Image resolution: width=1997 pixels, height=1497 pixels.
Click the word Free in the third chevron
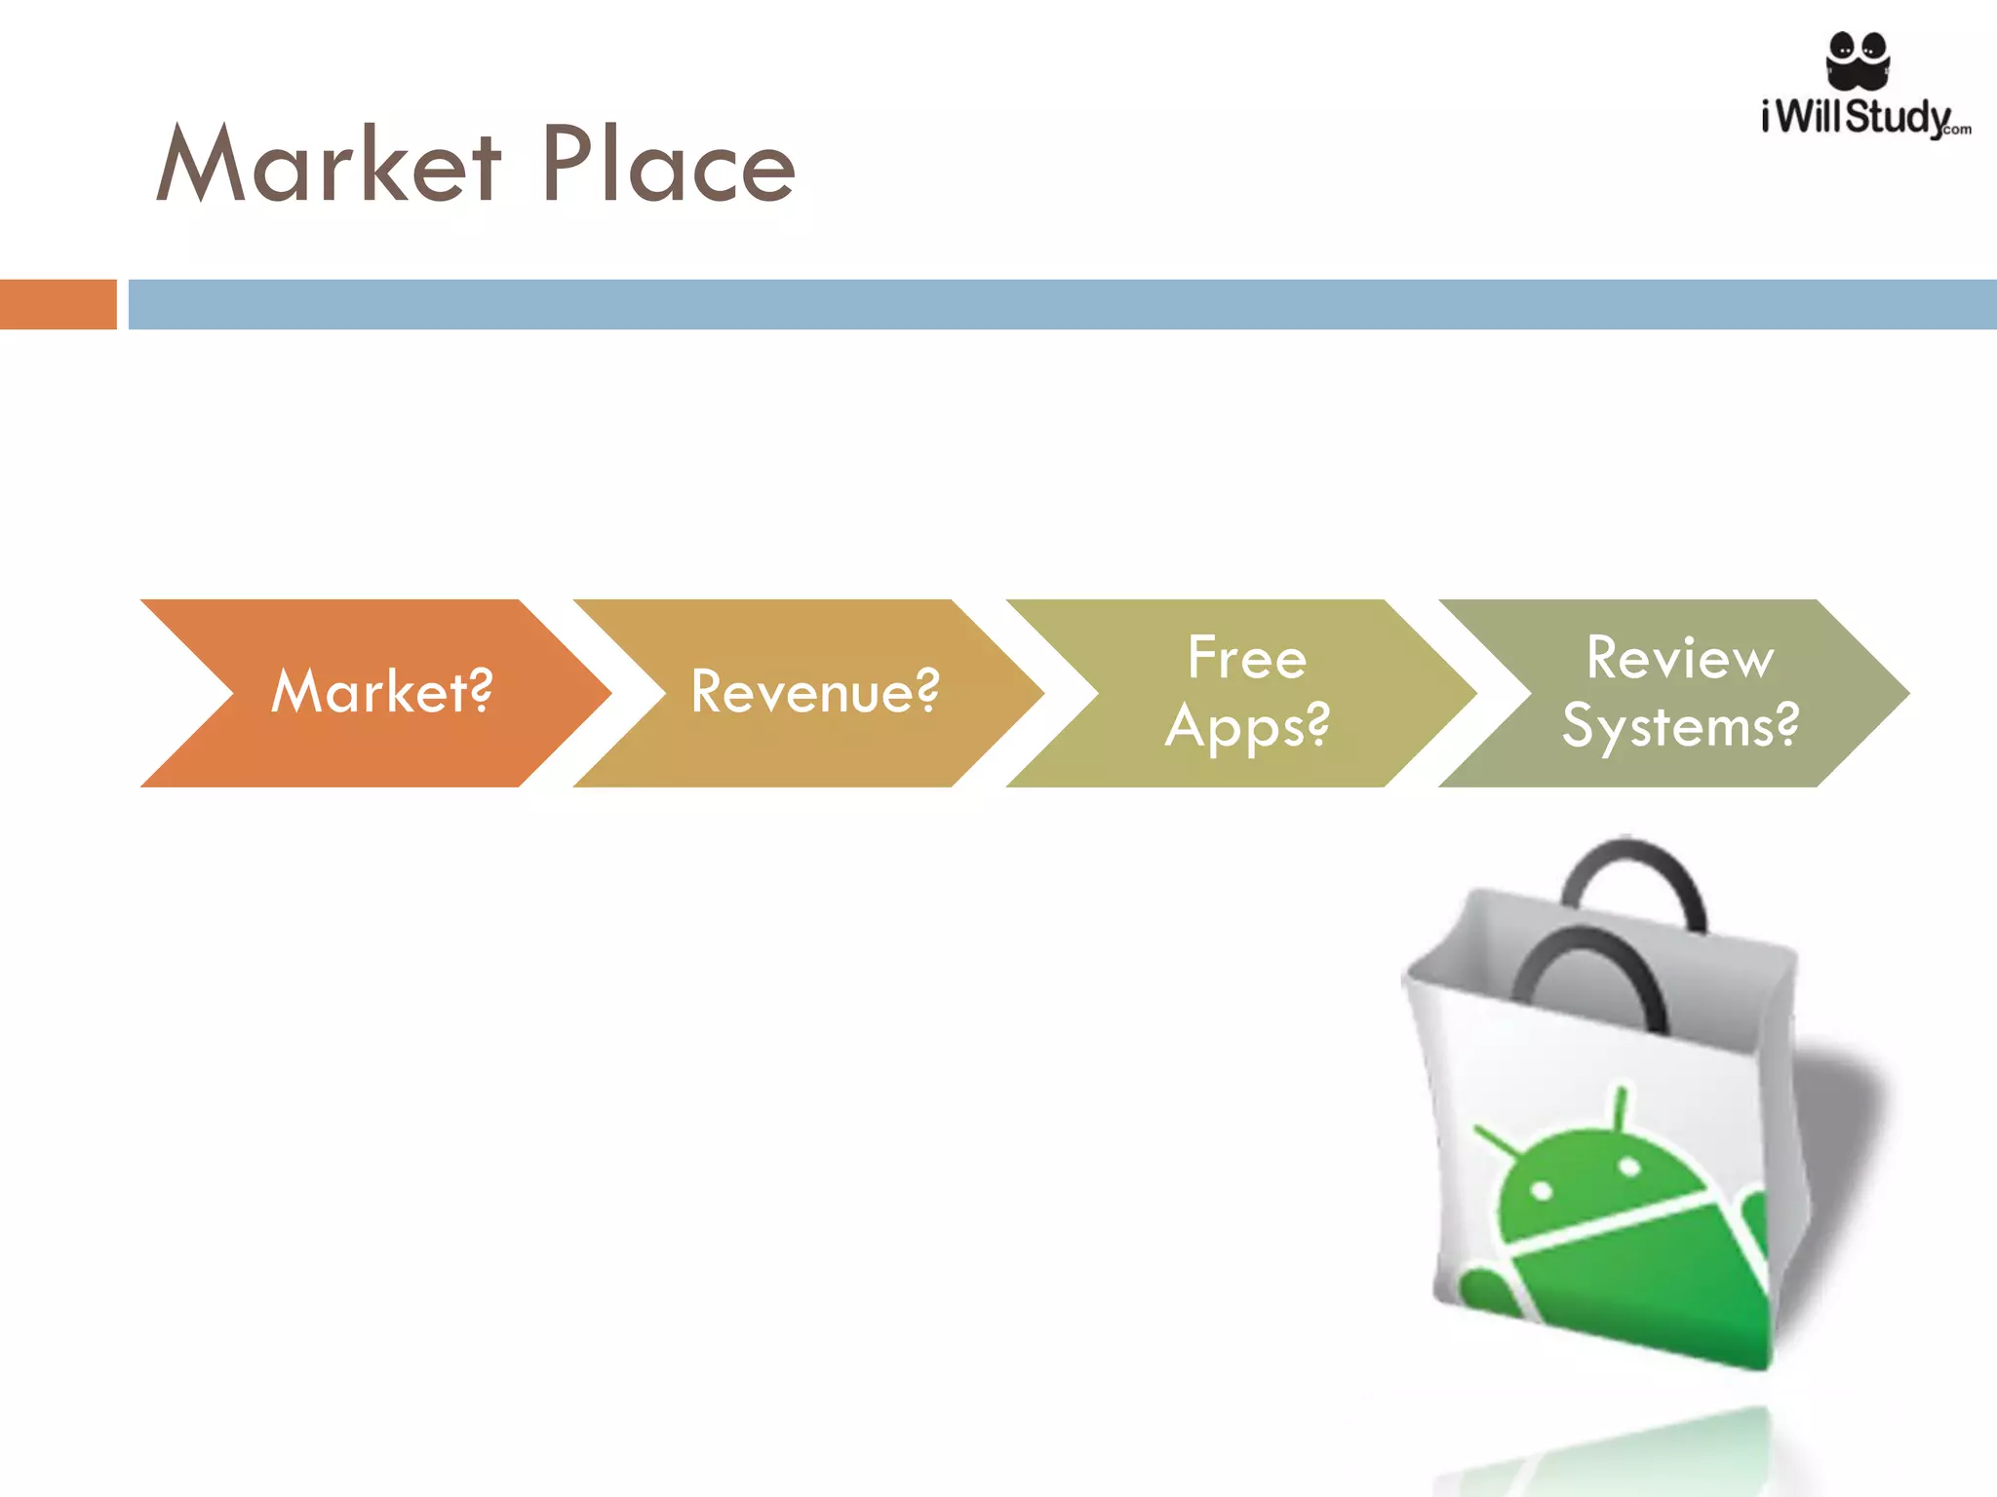coord(1247,658)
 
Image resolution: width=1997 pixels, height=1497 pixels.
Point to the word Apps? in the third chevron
coord(1247,727)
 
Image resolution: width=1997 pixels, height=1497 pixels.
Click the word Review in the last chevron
coord(1679,658)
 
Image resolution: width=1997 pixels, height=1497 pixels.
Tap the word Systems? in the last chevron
coord(1679,727)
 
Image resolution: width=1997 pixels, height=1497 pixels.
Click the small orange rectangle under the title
coord(58,304)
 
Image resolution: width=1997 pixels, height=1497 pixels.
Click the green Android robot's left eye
coord(1542,1190)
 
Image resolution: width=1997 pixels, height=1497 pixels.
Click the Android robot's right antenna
coord(1621,1107)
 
